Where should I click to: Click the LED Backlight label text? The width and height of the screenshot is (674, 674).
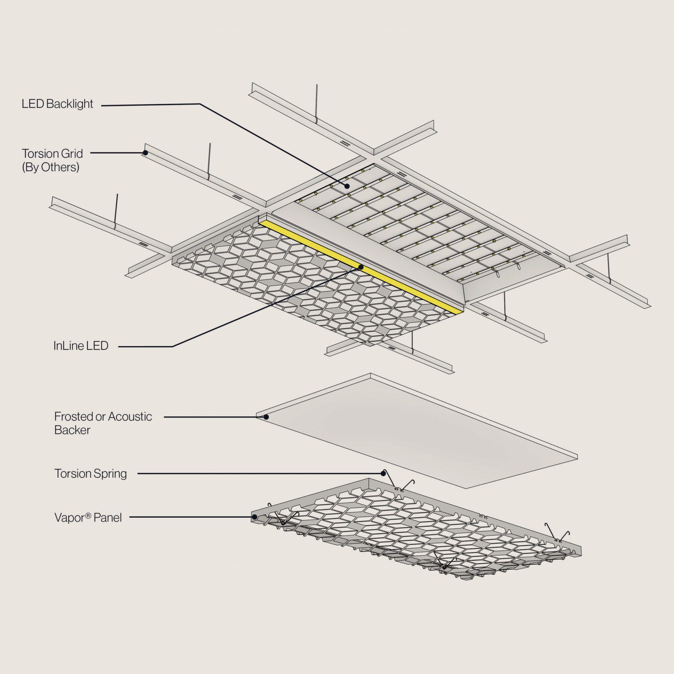point(57,104)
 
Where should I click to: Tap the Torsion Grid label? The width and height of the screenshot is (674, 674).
point(52,153)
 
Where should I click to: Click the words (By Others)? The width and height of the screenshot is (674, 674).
point(51,167)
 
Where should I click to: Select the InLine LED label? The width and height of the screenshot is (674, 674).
point(81,346)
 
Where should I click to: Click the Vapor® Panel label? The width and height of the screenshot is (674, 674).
point(88,517)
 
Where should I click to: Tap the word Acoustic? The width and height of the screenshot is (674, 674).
point(130,416)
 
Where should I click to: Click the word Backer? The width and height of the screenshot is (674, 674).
point(72,430)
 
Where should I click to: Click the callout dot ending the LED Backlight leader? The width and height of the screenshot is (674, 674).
point(347,186)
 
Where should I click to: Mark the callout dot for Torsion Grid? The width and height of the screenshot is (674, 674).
point(145,153)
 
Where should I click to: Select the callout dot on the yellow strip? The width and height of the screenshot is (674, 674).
point(361,268)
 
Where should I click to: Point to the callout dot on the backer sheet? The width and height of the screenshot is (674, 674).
point(266,417)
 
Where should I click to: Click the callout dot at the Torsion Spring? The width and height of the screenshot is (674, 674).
point(383,473)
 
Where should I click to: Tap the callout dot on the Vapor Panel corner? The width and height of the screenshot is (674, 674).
point(255,517)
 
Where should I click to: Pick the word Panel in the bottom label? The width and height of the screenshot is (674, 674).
point(107,517)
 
